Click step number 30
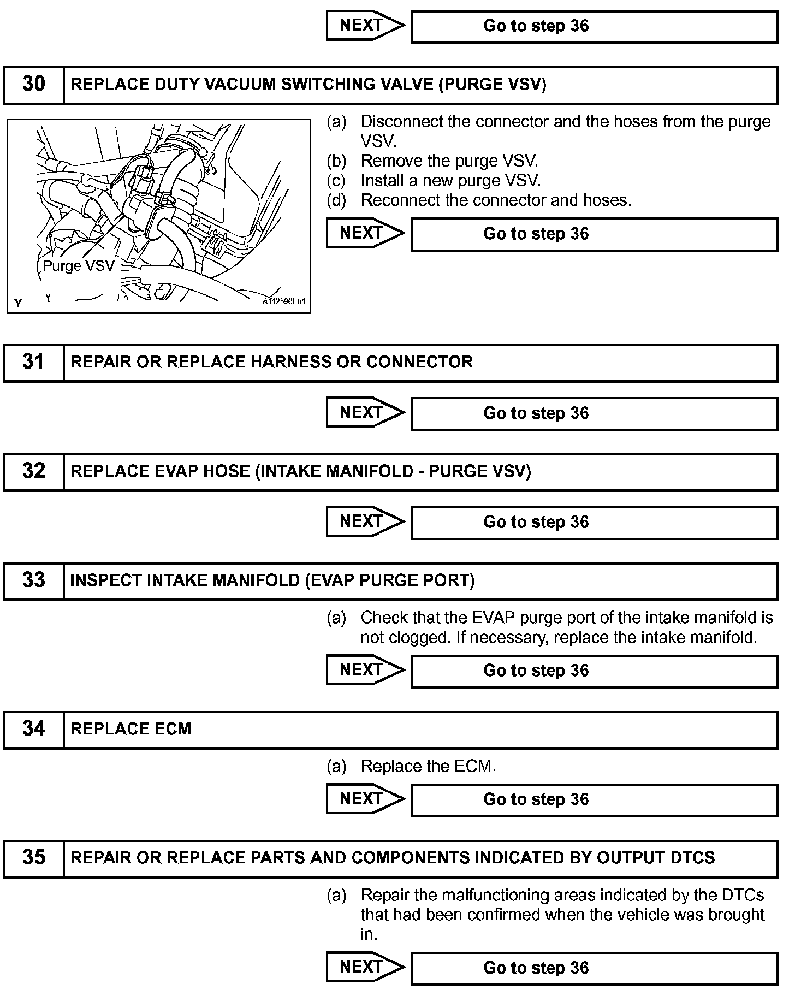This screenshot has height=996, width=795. tap(33, 85)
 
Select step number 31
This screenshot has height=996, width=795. tap(33, 362)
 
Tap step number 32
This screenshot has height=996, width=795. tap(33, 471)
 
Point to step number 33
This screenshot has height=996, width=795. tap(33, 580)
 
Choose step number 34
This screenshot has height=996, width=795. tap(33, 729)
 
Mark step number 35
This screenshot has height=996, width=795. tap(33, 858)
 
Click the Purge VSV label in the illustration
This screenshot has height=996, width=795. tap(79, 266)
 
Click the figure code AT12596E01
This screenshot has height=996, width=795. tap(283, 301)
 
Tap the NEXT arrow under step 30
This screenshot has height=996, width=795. tap(365, 234)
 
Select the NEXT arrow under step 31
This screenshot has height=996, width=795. tap(365, 413)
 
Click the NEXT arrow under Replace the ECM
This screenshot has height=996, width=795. tap(365, 799)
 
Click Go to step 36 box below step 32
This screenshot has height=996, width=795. tap(594, 523)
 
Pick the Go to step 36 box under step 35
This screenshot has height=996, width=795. tap(594, 968)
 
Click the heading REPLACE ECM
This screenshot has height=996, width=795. tap(131, 729)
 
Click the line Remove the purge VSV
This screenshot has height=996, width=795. tap(449, 161)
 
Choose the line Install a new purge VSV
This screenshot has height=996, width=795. tap(450, 181)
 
